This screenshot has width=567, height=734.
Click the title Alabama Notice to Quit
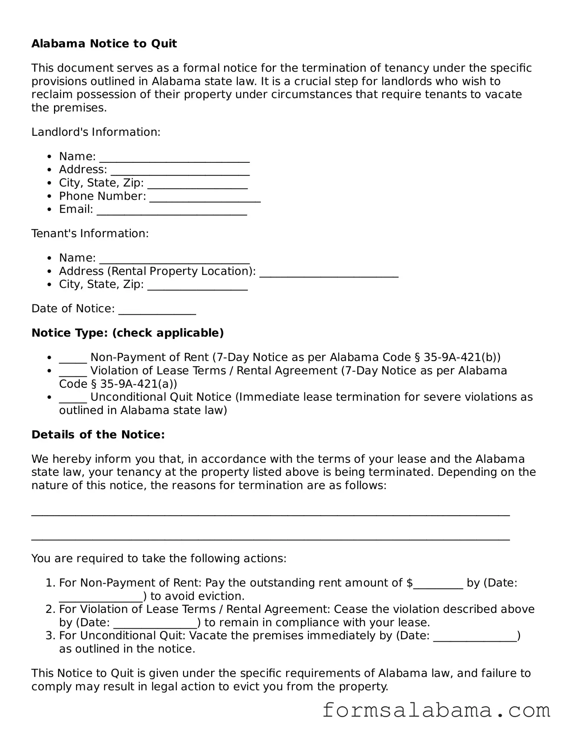point(104,44)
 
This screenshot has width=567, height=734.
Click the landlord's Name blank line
point(174,158)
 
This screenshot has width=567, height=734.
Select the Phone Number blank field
point(205,197)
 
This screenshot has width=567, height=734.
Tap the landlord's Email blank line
point(172,211)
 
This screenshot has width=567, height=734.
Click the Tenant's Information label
point(90,233)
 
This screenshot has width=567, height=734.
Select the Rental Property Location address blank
point(329,273)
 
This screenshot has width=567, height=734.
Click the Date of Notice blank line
point(157,310)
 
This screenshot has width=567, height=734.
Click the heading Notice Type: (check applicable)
point(128,333)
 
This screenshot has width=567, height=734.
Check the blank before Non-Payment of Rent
point(73,359)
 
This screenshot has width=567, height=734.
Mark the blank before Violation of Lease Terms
point(73,372)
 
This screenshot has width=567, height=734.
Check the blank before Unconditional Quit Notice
point(73,398)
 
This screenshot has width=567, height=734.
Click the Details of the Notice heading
point(98,434)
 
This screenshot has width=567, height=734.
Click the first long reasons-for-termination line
point(270,514)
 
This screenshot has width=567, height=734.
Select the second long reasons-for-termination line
point(270,539)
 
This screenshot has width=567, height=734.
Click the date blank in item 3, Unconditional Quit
point(475,637)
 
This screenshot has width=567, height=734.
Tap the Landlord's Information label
point(96,132)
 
